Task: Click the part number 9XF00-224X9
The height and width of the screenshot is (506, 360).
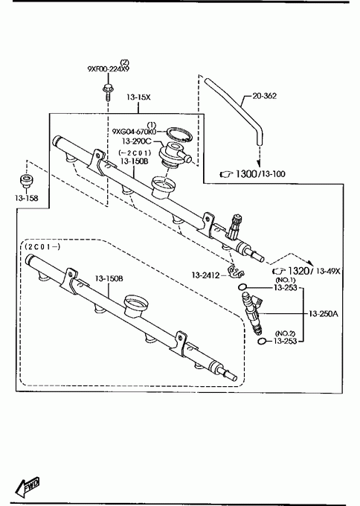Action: click(x=108, y=69)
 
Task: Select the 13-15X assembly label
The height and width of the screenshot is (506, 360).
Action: click(x=138, y=97)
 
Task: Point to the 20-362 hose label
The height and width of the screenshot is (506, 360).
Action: click(x=264, y=96)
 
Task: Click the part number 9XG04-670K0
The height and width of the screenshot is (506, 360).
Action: click(x=134, y=132)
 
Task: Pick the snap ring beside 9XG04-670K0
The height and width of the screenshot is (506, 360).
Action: click(x=179, y=134)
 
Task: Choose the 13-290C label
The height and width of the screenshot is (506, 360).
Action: click(x=136, y=141)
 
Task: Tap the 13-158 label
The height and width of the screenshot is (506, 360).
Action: click(x=27, y=198)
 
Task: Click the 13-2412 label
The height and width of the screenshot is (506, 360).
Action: click(x=206, y=275)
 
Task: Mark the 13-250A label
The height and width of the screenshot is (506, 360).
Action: click(x=324, y=313)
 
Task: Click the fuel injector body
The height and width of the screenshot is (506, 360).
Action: click(x=253, y=313)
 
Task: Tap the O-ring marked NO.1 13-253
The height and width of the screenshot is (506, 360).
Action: click(x=242, y=287)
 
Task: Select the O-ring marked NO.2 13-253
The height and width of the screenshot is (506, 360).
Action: click(x=263, y=341)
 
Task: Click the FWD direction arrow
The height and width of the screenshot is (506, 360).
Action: click(x=28, y=487)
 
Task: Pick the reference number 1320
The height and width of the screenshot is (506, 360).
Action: click(x=298, y=271)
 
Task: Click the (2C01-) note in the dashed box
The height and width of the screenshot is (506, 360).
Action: click(x=42, y=247)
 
